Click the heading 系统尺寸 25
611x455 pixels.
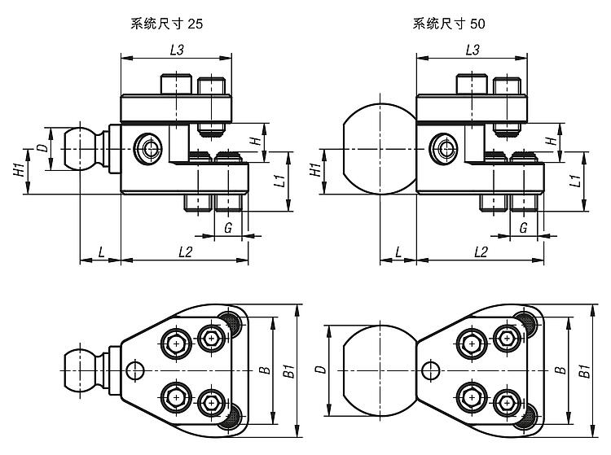pos(166,24)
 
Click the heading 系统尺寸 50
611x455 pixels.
pos(448,24)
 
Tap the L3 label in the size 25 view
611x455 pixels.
pos(176,50)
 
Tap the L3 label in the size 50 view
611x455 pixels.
pos(472,50)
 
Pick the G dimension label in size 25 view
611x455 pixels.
pos(227,229)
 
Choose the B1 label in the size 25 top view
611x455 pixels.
pos(287,373)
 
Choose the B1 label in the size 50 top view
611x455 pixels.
pos(583,373)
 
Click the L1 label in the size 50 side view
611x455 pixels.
pos(575,180)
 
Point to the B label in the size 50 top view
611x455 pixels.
pos(560,370)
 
